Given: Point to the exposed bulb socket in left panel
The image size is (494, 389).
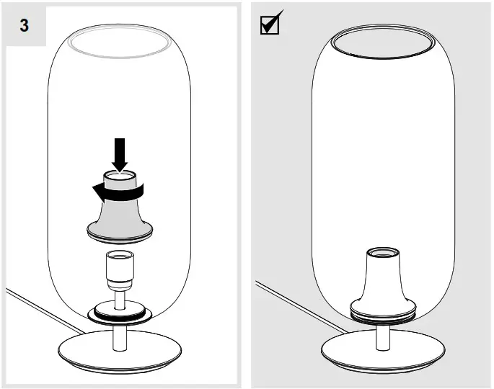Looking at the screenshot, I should coord(119,269).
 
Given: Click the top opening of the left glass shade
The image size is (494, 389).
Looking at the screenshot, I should coord(120,43).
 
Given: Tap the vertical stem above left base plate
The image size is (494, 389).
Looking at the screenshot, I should coord(119,335).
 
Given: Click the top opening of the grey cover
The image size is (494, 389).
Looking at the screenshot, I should coord(120,175).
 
